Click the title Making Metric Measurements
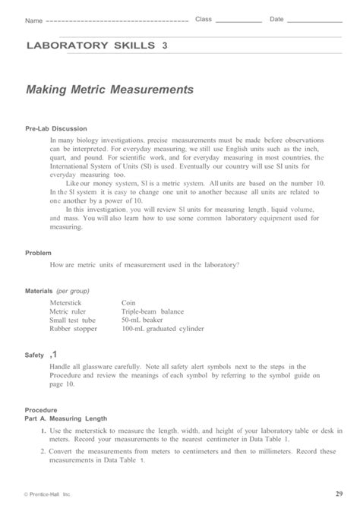click(x=109, y=90)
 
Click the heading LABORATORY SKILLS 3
click(x=96, y=46)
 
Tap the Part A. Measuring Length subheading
click(x=66, y=418)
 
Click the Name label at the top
click(x=33, y=20)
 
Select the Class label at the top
click(x=204, y=19)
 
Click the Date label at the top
click(x=276, y=19)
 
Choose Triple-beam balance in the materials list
click(x=153, y=311)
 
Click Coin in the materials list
click(x=129, y=302)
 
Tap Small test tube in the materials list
click(x=73, y=320)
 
